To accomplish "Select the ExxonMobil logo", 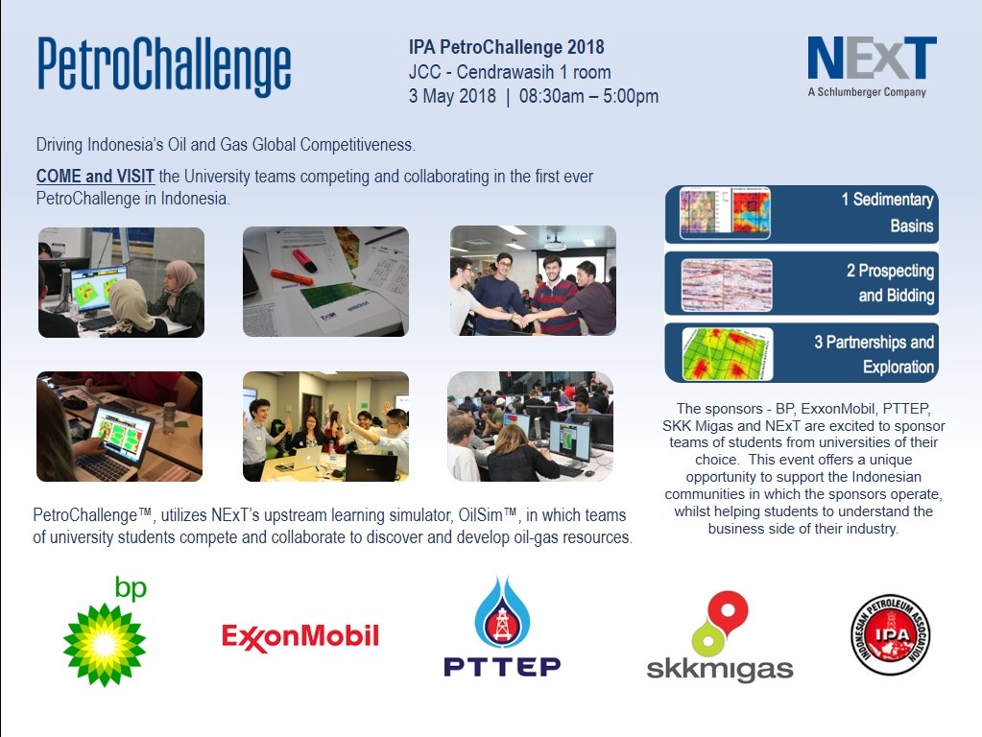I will [300, 636].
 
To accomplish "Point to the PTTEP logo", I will [502, 629].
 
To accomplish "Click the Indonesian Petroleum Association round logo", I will [890, 634].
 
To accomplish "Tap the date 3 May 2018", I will [452, 96].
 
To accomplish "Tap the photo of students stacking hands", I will [533, 281].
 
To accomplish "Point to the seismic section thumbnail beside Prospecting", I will [725, 284].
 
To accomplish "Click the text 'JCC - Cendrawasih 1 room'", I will [509, 72].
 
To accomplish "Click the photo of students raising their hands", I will [325, 426].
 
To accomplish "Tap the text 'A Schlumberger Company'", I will [866, 92].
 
